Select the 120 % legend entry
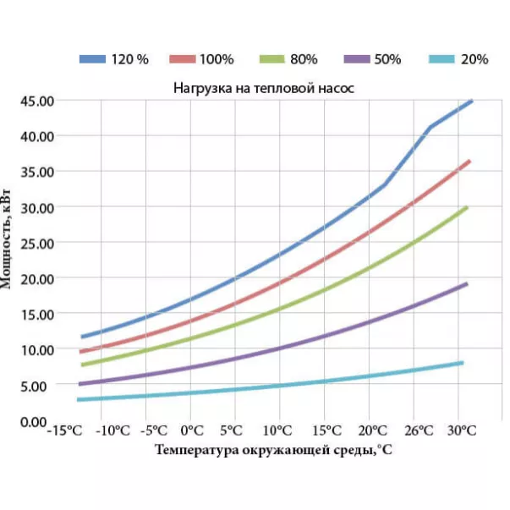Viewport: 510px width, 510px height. [x=114, y=59]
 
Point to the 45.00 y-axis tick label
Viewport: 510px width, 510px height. [x=37, y=101]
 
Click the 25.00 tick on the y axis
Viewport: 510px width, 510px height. [x=37, y=243]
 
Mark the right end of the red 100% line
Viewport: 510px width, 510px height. [x=469, y=161]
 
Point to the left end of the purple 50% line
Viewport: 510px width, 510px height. [x=80, y=384]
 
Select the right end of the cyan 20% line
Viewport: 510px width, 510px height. [x=462, y=363]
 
